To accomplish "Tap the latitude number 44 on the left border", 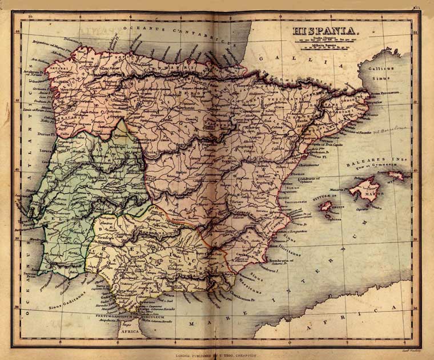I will click(x=17, y=31).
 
